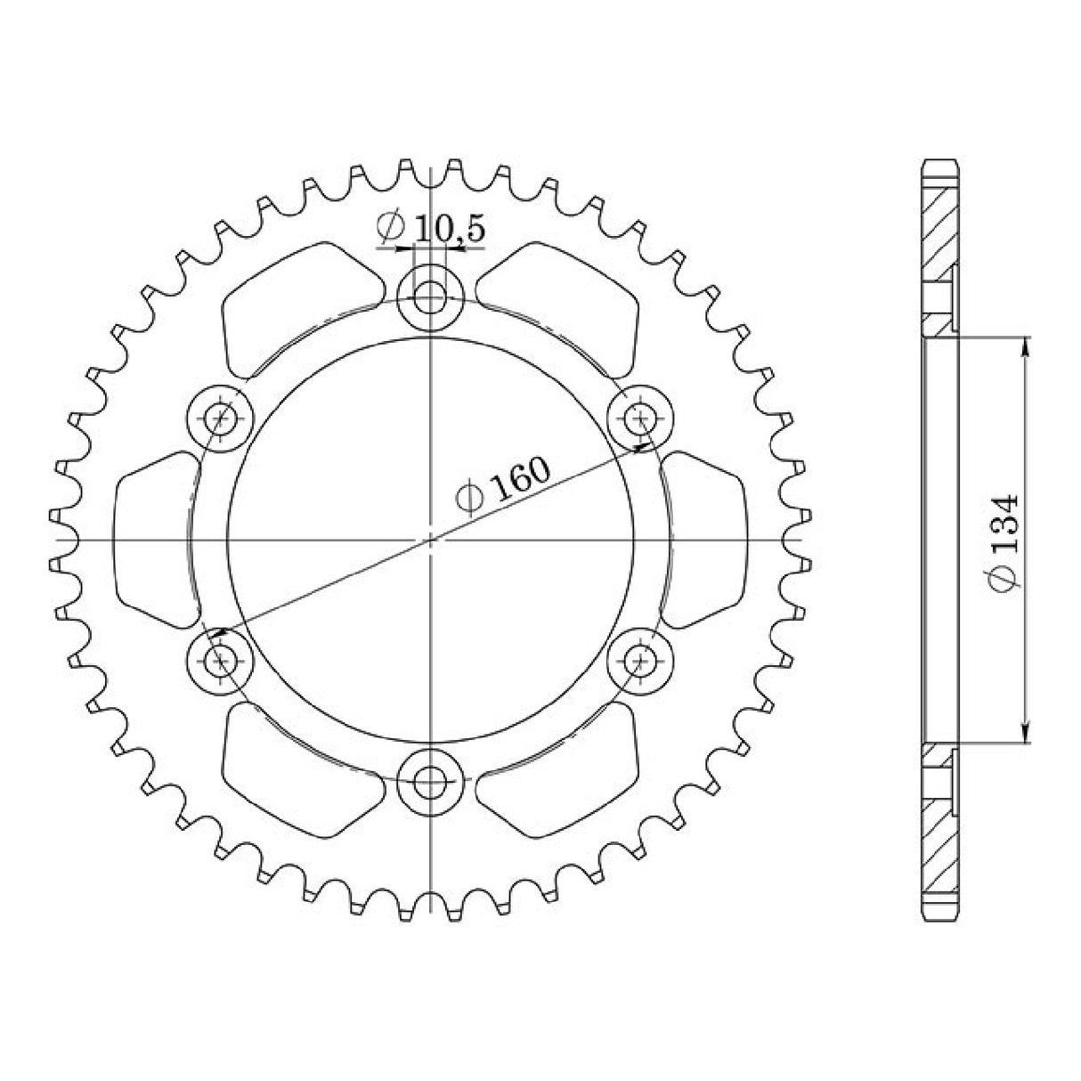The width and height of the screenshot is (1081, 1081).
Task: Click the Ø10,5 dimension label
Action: [x=431, y=229]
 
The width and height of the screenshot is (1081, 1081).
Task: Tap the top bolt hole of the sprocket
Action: [x=431, y=296]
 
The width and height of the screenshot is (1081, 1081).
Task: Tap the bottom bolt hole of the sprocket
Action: [x=431, y=784]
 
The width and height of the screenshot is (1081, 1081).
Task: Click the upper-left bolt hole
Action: [x=221, y=417]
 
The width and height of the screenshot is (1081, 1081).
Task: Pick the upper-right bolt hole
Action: [x=641, y=417]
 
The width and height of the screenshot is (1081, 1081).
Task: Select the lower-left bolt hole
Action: [x=221, y=661]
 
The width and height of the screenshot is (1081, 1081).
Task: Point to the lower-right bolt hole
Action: [x=641, y=661]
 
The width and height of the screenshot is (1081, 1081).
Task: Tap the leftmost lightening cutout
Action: [x=153, y=540]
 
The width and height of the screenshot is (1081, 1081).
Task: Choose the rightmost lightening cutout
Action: [x=707, y=540]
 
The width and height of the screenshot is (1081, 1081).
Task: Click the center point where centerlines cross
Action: [x=431, y=540]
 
